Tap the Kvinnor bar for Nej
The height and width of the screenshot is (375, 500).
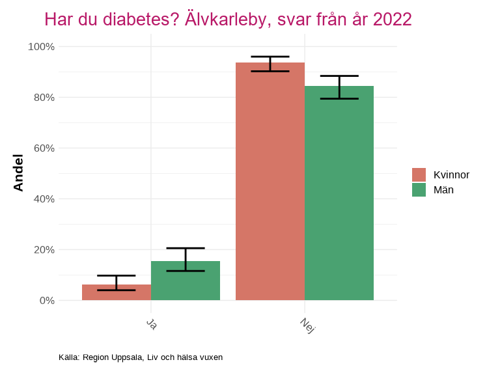pyautogui.click(x=270, y=182)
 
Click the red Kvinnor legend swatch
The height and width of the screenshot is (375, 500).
pyautogui.click(x=419, y=174)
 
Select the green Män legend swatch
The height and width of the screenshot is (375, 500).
pyautogui.click(x=419, y=189)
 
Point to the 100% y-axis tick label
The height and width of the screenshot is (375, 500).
pyautogui.click(x=41, y=47)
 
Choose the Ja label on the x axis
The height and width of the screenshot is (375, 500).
pyautogui.click(x=151, y=324)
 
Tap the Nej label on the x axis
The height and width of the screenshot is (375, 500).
pyautogui.click(x=307, y=325)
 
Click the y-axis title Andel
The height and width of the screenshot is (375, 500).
pyautogui.click(x=18, y=173)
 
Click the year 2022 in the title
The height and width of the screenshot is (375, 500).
pyautogui.click(x=392, y=20)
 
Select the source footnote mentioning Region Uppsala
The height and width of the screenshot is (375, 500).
pyautogui.click(x=141, y=357)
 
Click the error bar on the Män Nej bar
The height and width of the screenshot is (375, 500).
pyautogui.click(x=339, y=87)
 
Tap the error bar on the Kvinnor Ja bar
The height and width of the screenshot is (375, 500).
pyautogui.click(x=117, y=283)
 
